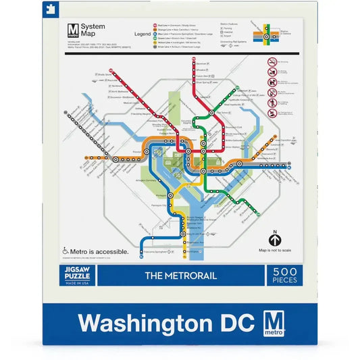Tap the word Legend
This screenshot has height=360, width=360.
(x=143, y=32)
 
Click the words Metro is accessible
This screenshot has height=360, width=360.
(x=101, y=251)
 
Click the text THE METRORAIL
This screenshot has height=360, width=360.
(x=180, y=276)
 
